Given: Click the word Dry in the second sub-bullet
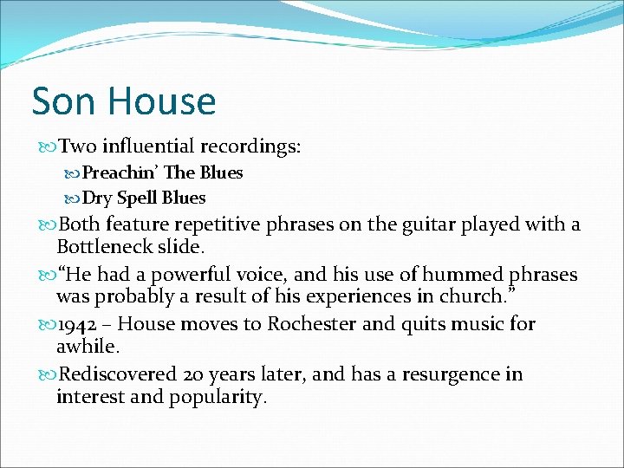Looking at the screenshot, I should click(97, 198).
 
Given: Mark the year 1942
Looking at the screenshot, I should click(83, 324).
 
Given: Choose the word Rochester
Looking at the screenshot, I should click(317, 324).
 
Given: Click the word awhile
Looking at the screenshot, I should click(87, 348).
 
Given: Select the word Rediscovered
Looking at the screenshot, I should click(117, 374).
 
